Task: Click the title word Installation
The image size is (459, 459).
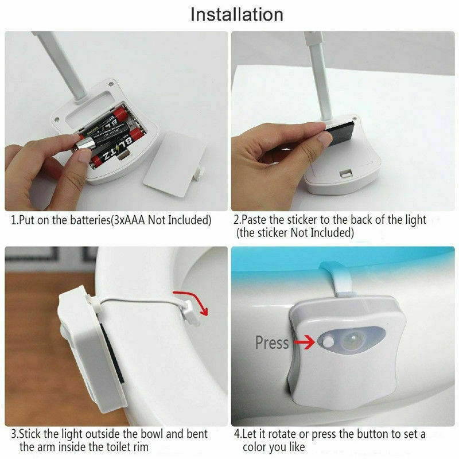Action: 236,14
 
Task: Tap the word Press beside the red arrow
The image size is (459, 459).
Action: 272,343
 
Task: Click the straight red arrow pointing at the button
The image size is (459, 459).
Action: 302,343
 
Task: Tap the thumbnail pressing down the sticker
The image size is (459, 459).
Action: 324,138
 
